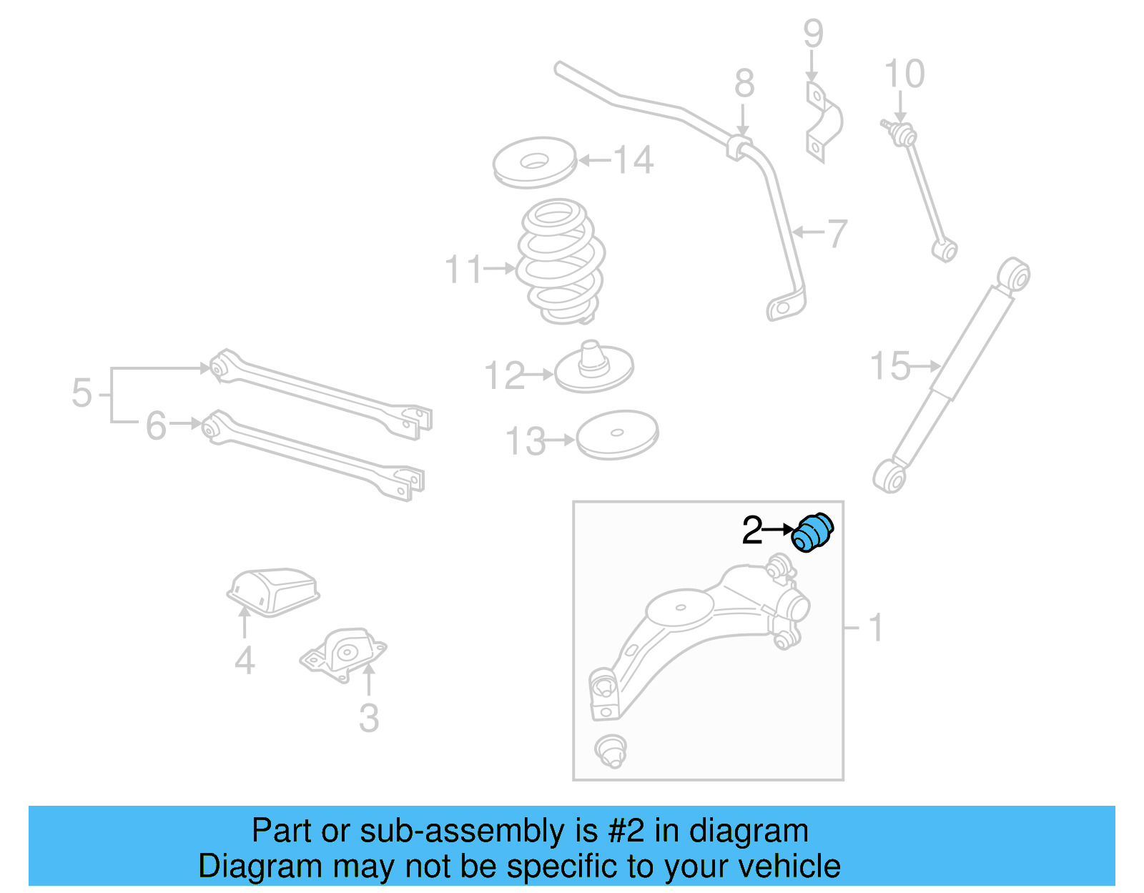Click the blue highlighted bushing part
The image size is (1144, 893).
[x=813, y=533]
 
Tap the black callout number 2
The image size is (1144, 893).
[x=752, y=531]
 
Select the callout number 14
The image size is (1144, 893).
[x=633, y=160]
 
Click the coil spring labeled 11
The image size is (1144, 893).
[x=561, y=262]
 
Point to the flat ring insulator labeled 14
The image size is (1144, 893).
[x=534, y=162]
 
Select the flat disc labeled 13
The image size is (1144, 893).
[x=617, y=434]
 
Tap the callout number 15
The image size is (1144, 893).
[x=890, y=366]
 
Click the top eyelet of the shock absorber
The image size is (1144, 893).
[x=1015, y=275]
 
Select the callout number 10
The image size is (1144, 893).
[x=904, y=74]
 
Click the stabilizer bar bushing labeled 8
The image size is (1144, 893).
[x=741, y=147]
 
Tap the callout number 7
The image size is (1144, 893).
[x=837, y=233]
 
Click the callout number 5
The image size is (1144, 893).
[x=82, y=394]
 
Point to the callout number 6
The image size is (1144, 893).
[x=156, y=426]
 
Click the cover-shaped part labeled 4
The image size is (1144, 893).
[x=273, y=591]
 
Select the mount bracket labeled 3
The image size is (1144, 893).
[x=344, y=651]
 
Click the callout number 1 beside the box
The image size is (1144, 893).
[x=876, y=628]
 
